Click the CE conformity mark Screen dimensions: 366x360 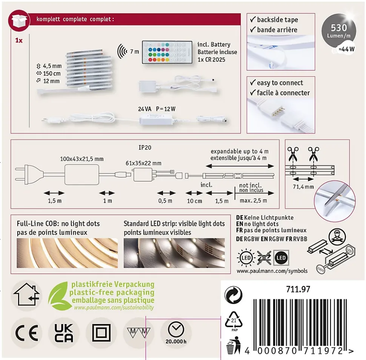27,333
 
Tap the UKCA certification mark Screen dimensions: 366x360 64,333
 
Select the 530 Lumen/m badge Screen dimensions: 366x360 339,31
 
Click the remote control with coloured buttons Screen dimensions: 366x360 168,52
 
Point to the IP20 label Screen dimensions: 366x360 145,148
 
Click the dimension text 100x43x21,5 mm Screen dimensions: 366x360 82,159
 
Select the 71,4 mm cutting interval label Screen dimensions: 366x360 303,187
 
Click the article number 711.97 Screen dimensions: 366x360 298,289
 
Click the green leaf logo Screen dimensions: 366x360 58,296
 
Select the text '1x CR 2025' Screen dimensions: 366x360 211,60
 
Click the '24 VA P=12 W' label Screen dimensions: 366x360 157,109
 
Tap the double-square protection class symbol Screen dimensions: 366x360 101,333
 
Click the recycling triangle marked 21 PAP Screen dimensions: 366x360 234,321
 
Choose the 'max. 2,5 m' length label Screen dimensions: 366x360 253,201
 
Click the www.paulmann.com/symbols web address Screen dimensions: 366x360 272,271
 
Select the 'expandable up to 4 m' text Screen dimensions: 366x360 240,151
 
